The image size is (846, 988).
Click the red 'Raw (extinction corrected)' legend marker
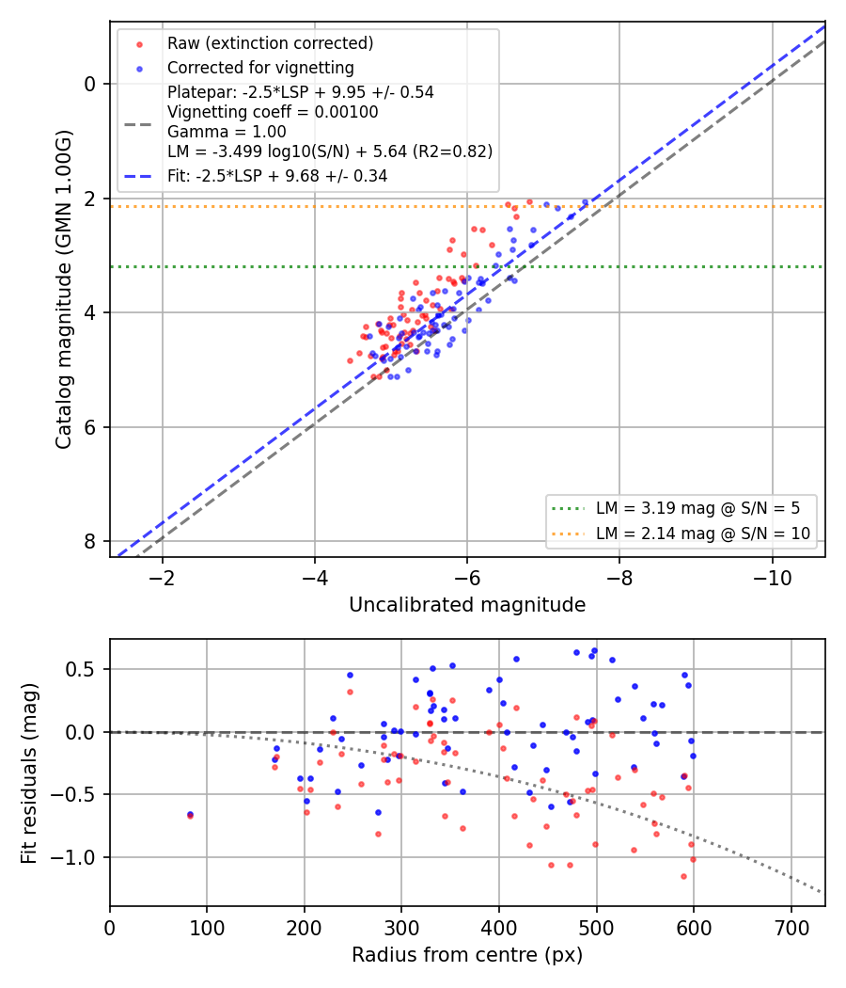pos(139,44)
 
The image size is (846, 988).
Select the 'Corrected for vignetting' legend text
pos(260,68)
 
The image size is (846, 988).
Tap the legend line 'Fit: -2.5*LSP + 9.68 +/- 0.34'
pos(277,176)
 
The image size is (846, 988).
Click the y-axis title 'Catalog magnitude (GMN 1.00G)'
pos(64,289)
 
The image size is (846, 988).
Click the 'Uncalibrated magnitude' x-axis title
pos(467,605)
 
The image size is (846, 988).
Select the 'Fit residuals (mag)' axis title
pos(29,773)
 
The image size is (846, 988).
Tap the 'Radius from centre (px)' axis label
pos(467,955)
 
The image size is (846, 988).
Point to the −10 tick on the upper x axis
pos(773,578)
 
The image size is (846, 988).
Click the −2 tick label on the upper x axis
pos(163,578)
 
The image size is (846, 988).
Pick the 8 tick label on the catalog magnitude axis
pos(90,542)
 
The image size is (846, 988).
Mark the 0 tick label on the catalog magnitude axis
pos(90,84)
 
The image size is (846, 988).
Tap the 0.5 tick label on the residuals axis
pos(81,669)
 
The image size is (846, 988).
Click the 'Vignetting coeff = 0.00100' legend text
pos(273,112)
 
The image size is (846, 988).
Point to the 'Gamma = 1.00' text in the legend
pos(227,132)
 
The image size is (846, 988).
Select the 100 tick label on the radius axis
pos(207,928)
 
